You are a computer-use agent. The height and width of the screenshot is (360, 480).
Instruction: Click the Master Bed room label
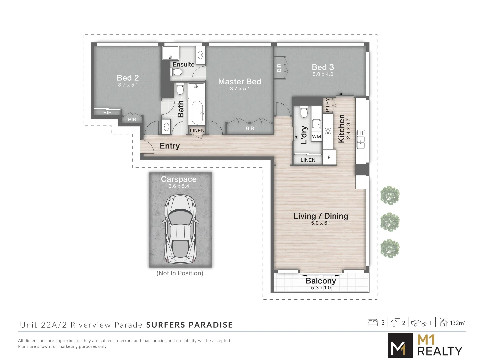[239, 82]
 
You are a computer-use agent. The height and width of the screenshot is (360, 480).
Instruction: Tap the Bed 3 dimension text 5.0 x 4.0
[323, 74]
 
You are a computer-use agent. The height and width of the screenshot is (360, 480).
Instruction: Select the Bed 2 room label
[128, 78]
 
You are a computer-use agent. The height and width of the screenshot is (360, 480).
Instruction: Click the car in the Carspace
[180, 229]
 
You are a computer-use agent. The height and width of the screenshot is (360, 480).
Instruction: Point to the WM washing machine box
[316, 136]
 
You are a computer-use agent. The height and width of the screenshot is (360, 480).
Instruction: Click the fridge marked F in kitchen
[329, 157]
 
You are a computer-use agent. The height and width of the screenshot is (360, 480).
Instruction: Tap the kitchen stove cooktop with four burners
[328, 131]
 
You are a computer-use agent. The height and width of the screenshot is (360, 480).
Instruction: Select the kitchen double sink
[361, 139]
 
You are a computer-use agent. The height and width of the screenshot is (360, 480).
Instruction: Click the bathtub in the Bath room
[197, 112]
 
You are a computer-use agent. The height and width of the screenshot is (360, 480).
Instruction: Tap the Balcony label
[321, 281]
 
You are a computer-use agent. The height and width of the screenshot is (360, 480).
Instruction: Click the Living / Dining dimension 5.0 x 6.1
[321, 223]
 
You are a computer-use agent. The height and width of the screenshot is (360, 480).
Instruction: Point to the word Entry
[170, 146]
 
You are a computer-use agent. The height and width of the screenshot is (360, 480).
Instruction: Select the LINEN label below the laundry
[308, 160]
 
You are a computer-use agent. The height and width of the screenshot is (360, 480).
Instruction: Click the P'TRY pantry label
[327, 105]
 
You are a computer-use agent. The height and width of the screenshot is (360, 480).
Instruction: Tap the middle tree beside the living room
[390, 222]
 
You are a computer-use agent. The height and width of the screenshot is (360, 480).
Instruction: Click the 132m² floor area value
[457, 323]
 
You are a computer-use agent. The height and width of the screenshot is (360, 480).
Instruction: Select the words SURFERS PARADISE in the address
[189, 325]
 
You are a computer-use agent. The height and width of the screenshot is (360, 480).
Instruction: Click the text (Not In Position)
[180, 273]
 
